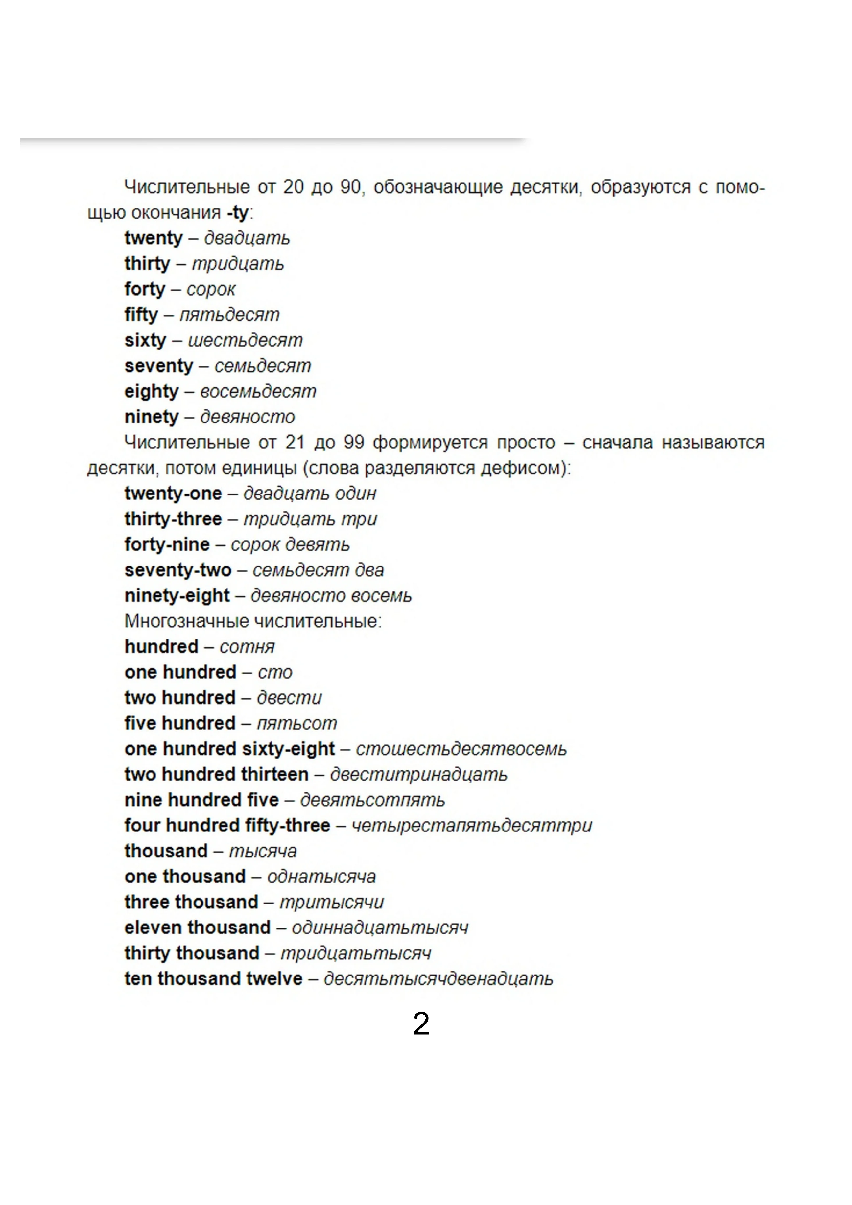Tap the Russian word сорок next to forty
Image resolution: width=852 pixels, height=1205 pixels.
(211, 289)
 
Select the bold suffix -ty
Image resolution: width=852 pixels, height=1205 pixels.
(238, 212)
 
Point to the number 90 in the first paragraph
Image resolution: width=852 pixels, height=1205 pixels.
(351, 187)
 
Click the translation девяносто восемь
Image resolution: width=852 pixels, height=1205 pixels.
(331, 596)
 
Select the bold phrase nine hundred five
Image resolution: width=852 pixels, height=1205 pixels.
(201, 800)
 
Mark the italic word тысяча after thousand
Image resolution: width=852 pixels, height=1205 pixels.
(263, 851)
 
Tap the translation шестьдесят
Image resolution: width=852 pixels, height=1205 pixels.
(245, 340)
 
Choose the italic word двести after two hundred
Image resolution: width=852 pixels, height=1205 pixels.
(289, 697)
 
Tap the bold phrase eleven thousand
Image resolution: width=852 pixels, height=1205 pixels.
(197, 928)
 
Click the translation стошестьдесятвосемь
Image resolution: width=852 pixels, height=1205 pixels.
(461, 749)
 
